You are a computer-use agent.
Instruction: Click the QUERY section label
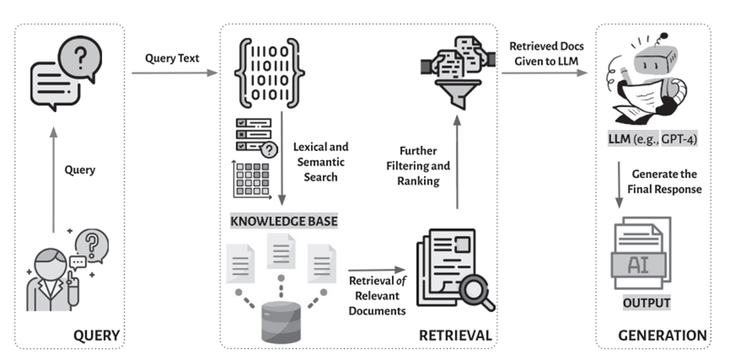tap(96, 336)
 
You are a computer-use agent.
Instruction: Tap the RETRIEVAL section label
tap(455, 336)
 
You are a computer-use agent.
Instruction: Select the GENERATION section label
tap(662, 336)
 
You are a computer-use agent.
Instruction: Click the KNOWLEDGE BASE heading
tap(284, 222)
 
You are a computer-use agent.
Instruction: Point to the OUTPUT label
tap(646, 302)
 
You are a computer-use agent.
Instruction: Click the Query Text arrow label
tap(172, 59)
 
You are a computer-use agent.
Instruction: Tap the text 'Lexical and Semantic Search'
tap(320, 162)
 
